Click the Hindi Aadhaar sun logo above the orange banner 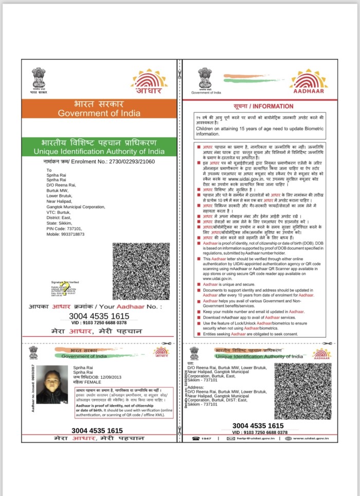[149, 82]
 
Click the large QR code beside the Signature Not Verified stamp [141, 271]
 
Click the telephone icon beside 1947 [196, 438]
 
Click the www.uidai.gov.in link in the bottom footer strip [310, 438]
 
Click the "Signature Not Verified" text [65, 283]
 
